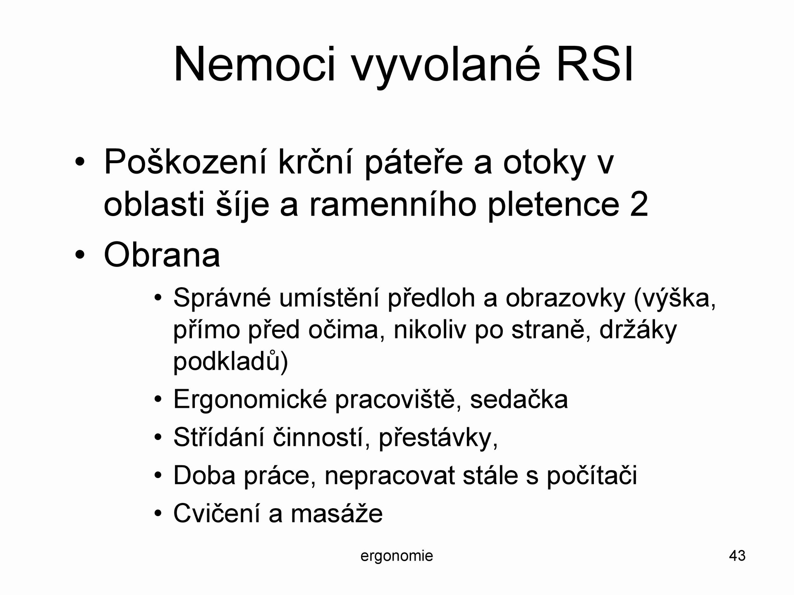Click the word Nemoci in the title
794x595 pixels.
(x=254, y=64)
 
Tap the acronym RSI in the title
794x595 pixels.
(x=594, y=64)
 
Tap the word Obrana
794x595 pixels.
(x=162, y=255)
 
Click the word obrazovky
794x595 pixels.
(x=565, y=299)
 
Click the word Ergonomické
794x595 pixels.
(x=250, y=400)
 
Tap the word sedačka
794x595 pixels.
(x=519, y=400)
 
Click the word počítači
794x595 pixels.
(x=592, y=476)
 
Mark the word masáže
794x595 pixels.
(x=337, y=514)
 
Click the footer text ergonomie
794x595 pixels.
(x=397, y=556)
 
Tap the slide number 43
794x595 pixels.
(x=737, y=556)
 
